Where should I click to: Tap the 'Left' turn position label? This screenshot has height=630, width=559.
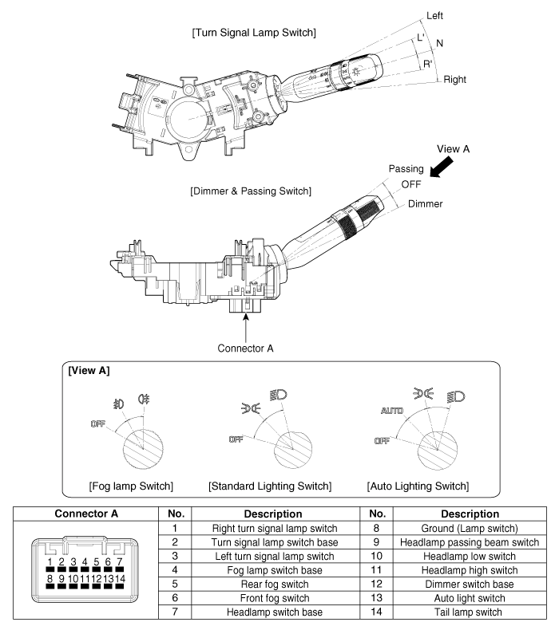tap(458, 15)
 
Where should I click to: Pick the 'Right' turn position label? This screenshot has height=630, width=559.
tap(456, 80)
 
